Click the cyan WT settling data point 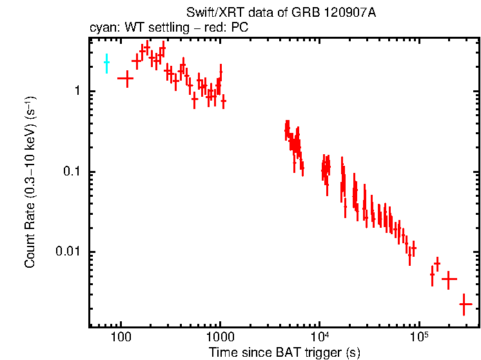(107, 63)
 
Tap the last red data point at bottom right (466, 303)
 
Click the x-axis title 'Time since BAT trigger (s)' (284, 352)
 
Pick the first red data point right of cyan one (125, 78)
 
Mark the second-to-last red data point (449, 279)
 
